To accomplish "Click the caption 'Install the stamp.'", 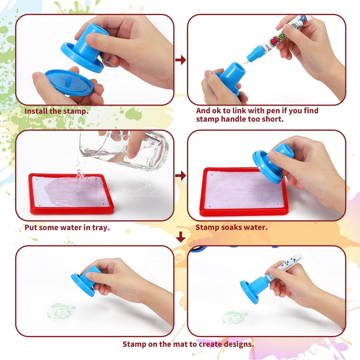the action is (x=56, y=111).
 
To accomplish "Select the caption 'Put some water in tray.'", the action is (x=67, y=227).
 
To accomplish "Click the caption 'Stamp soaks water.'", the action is (x=232, y=227).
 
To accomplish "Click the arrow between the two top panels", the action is (x=181, y=60).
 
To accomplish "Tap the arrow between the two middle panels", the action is (x=181, y=176).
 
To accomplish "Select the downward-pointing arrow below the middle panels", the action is (x=181, y=237).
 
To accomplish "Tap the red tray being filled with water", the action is (x=71, y=194).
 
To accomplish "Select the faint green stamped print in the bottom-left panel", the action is (x=61, y=312).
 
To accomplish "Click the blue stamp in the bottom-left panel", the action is (x=86, y=281).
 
